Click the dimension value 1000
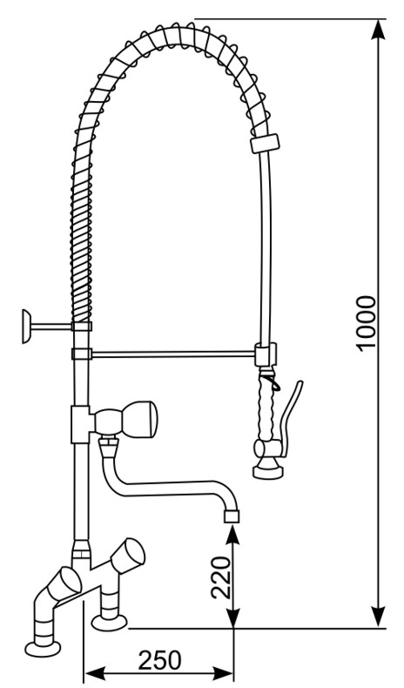367,323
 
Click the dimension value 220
220,577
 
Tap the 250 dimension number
159,660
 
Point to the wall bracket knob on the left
26,326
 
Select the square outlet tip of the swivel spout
232,516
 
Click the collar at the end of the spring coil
265,144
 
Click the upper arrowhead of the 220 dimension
232,536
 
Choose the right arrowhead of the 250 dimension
222,672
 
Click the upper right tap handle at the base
128,555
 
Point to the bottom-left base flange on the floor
43,649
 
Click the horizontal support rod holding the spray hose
173,354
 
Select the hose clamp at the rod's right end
266,354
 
